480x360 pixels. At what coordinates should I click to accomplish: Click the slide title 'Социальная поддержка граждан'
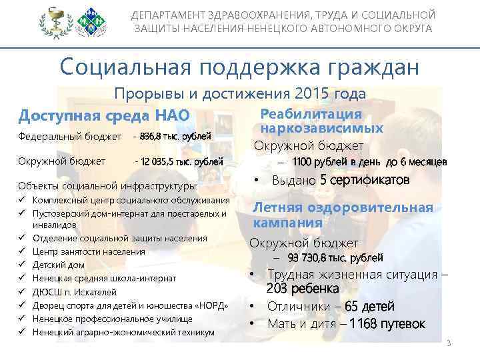(239, 67)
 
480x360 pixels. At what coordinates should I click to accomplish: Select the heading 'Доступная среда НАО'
(104, 115)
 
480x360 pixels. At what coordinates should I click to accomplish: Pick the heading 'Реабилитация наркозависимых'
(322, 121)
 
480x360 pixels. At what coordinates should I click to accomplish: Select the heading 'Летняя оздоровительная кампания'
(343, 215)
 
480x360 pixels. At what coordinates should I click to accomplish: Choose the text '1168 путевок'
(387, 324)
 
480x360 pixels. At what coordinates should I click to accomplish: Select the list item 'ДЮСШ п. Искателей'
(66, 292)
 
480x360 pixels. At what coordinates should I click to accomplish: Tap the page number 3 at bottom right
(449, 343)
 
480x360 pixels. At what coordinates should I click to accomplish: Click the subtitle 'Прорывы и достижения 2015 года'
(240, 94)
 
